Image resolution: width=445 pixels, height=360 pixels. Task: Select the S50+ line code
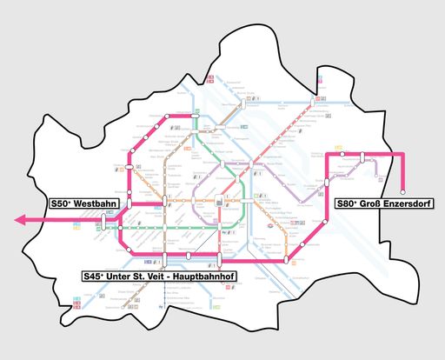(x=62, y=201)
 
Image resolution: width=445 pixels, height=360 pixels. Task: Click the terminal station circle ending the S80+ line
(x=403, y=191)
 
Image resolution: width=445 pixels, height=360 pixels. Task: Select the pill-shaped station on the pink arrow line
(x=103, y=222)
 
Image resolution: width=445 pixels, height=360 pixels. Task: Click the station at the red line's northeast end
(x=311, y=103)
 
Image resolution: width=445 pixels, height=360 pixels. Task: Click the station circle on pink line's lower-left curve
(x=130, y=250)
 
